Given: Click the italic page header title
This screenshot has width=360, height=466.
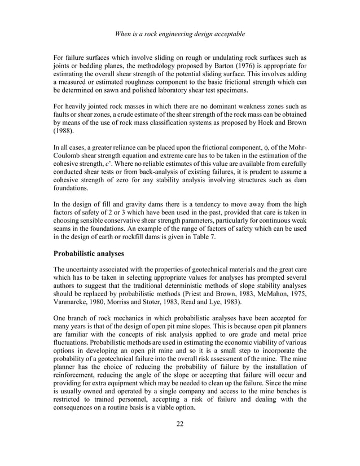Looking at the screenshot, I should (x=179, y=34).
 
